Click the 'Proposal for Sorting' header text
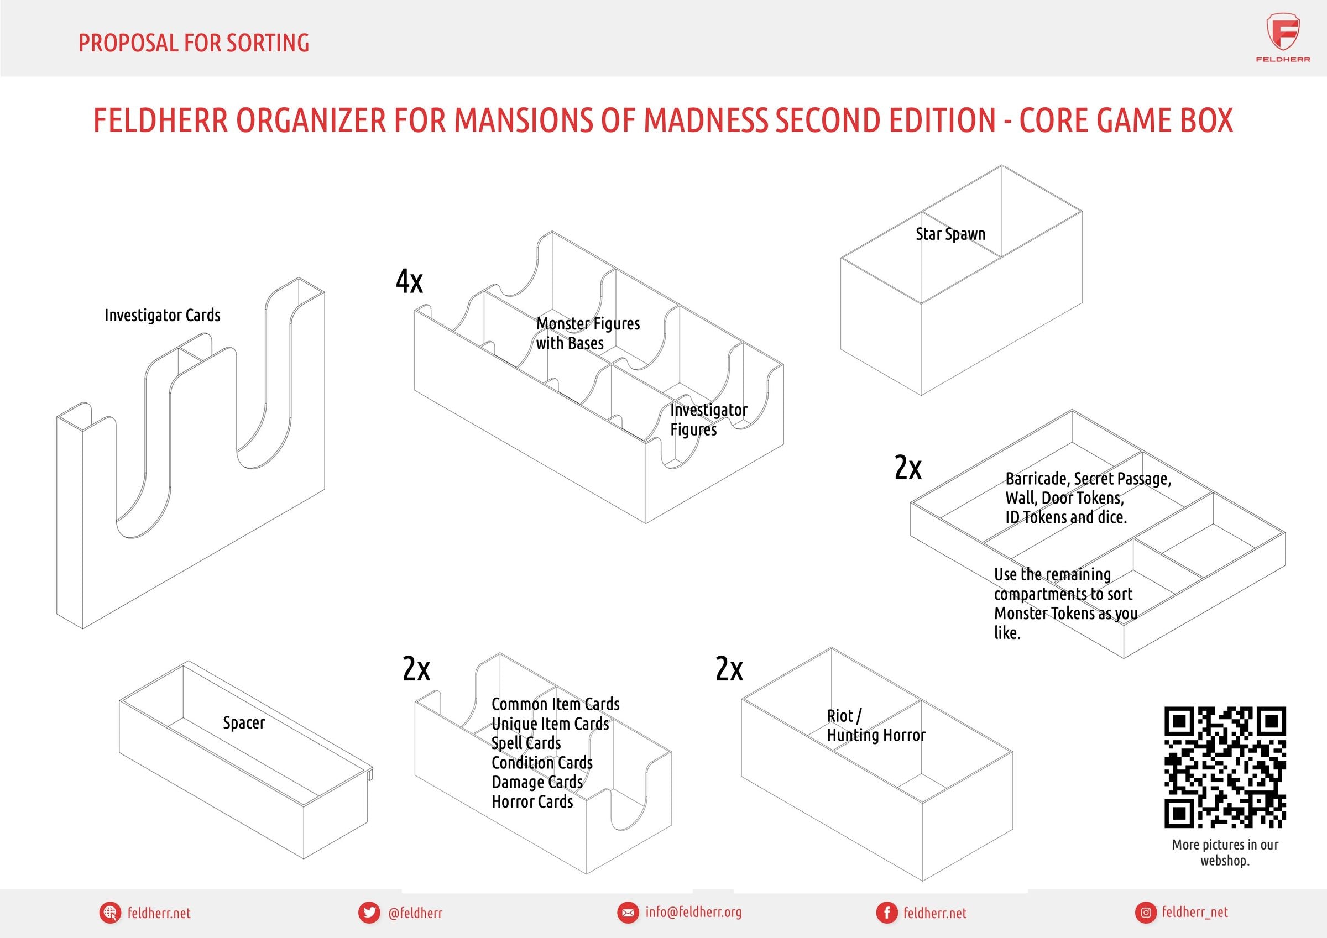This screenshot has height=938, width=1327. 194,43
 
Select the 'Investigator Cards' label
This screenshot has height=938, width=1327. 163,316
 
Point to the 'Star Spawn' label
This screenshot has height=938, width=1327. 950,234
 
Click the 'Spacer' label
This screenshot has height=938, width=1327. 244,722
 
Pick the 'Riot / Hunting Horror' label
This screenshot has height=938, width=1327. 876,725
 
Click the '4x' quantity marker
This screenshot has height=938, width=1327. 409,282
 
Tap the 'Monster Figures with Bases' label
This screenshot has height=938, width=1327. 587,333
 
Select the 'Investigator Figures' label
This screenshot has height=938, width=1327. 708,420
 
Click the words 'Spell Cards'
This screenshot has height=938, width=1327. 526,743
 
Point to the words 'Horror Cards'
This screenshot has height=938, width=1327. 532,801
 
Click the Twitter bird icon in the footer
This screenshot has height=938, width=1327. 369,913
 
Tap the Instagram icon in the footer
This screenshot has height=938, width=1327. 1146,913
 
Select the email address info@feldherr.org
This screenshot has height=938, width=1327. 693,913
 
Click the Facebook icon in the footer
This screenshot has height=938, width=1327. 885,913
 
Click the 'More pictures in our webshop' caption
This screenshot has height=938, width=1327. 1225,852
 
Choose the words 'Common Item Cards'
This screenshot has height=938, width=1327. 555,704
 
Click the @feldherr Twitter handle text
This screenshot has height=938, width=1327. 416,913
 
